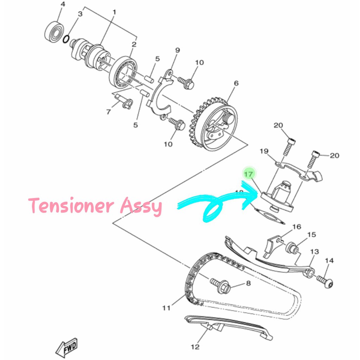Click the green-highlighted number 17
point(249,174)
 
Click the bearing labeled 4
point(54,31)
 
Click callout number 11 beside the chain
point(166,308)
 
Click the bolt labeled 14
point(325,281)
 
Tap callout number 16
point(297,227)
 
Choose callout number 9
point(177,50)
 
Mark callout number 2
point(134,45)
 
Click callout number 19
point(264,151)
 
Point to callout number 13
point(314,252)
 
